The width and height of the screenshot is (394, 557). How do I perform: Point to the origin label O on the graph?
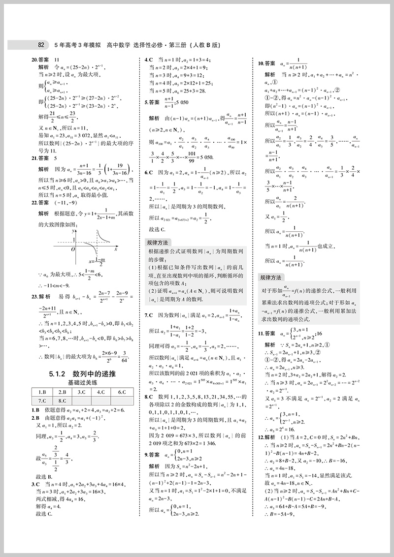tap(72, 249)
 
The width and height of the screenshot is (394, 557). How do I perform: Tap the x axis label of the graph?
tap(116, 249)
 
